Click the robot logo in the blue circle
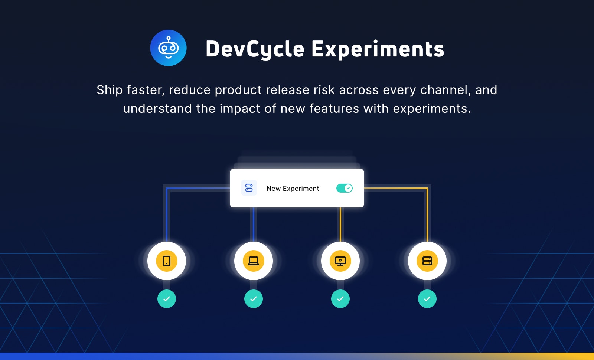tap(169, 48)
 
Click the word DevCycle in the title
tap(255, 49)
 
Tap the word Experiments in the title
tap(378, 49)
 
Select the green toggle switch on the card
tap(344, 188)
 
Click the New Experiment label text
tap(293, 189)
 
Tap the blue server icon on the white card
tap(249, 188)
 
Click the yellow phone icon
tap(167, 261)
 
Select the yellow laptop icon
tap(254, 261)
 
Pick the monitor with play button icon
tap(340, 261)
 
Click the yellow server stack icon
tap(427, 261)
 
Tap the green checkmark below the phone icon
tap(167, 299)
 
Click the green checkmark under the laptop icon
tap(254, 299)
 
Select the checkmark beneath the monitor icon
tap(340, 299)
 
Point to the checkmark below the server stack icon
tap(427, 299)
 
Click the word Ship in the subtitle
tap(110, 90)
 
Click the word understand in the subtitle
tap(157, 109)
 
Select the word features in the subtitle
tap(334, 109)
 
